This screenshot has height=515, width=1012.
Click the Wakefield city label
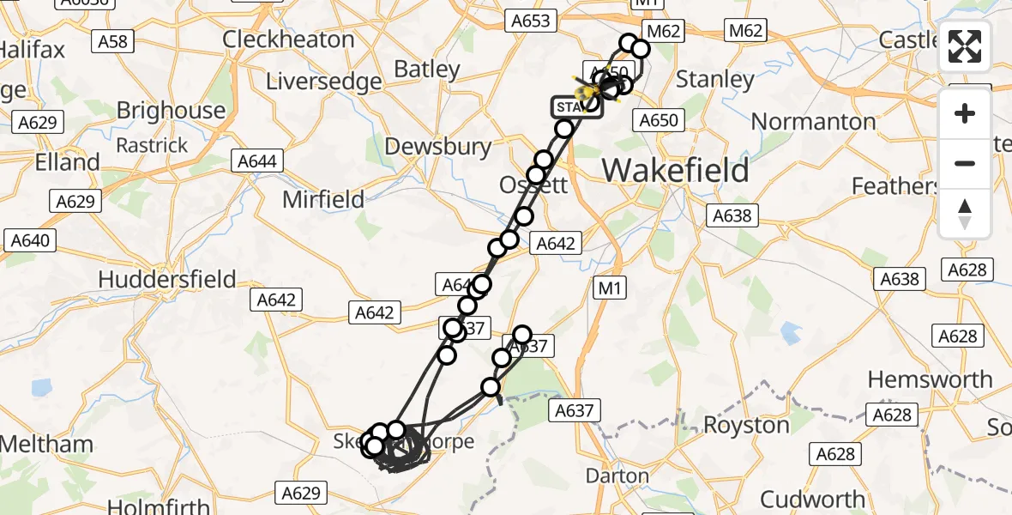click(x=675, y=170)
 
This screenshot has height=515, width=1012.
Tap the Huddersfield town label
click(x=167, y=279)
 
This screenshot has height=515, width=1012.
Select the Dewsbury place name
click(x=438, y=147)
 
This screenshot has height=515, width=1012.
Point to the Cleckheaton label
click(x=288, y=39)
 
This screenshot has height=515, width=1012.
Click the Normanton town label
click(x=813, y=121)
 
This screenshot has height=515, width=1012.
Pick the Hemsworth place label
click(x=930, y=379)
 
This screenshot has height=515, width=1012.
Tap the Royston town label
click(x=746, y=425)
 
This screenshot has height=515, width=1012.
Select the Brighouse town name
click(x=171, y=110)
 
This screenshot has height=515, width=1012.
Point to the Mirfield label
click(x=324, y=200)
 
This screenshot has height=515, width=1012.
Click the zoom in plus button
click(x=965, y=114)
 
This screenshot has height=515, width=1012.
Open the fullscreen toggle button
click(x=965, y=46)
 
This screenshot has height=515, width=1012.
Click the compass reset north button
click(x=965, y=213)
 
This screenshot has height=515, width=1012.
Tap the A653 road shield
click(x=532, y=21)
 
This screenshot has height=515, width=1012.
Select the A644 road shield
click(x=256, y=161)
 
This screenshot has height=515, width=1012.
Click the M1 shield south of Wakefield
click(x=609, y=288)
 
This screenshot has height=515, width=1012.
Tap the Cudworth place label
click(x=812, y=499)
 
